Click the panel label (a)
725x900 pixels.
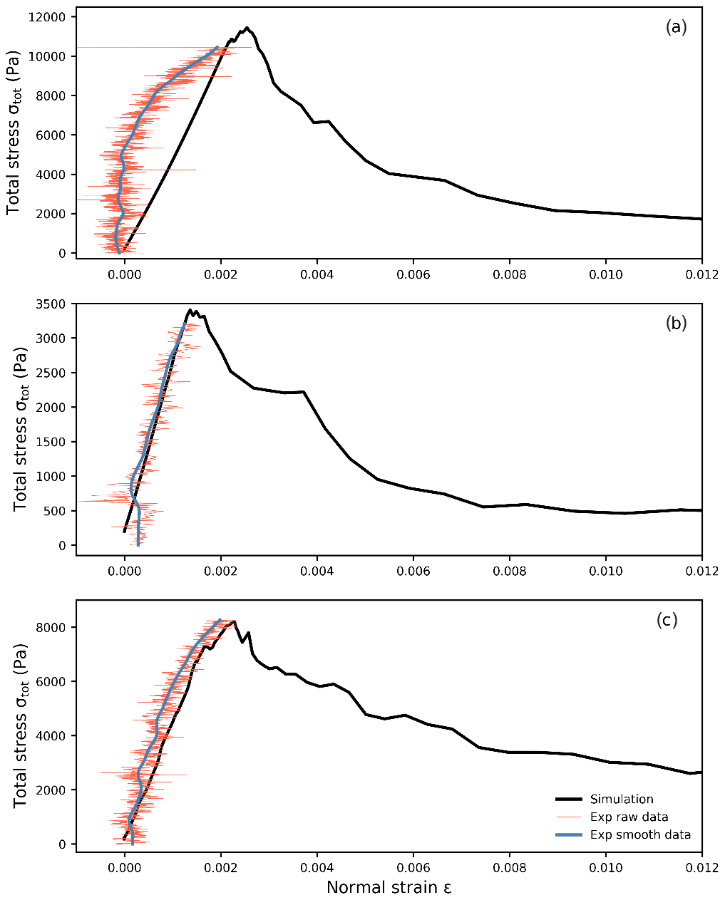click(x=675, y=28)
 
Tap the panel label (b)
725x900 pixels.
click(x=675, y=323)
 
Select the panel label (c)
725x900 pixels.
click(x=667, y=620)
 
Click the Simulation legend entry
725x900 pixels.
click(x=621, y=800)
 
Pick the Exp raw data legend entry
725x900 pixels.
click(x=629, y=817)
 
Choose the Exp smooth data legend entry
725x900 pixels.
click(x=640, y=835)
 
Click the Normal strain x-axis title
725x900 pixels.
click(x=389, y=888)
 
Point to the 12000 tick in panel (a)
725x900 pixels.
click(x=48, y=17)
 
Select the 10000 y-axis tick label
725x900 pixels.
click(x=48, y=57)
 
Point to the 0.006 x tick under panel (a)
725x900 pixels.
click(x=413, y=274)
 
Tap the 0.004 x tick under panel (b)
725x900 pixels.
click(x=317, y=571)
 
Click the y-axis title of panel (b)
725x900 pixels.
click(x=20, y=424)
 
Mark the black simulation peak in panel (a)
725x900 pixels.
click(x=247, y=28)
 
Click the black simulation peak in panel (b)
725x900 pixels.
click(x=190, y=310)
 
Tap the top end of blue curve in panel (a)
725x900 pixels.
click(x=217, y=47)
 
